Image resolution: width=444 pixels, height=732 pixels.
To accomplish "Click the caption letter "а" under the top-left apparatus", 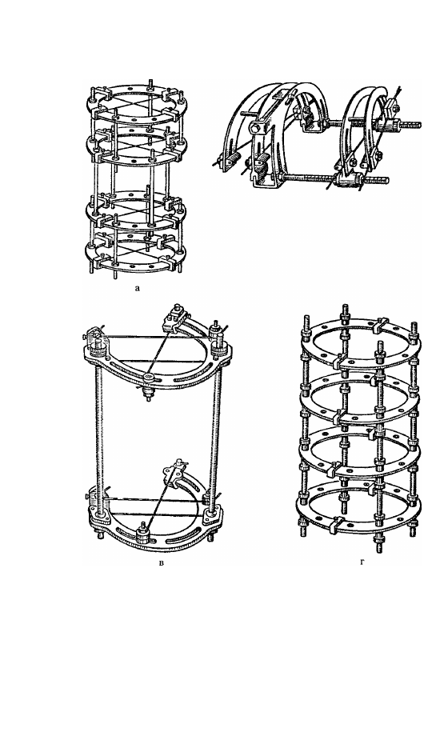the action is click(137, 289).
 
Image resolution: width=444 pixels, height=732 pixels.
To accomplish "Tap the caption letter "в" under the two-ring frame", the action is click(162, 562).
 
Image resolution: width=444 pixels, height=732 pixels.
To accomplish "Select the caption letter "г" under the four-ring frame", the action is click(362, 561).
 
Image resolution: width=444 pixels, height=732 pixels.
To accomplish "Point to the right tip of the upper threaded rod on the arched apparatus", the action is click(420, 125).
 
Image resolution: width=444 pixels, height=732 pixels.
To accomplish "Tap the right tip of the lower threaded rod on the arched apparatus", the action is click(387, 179).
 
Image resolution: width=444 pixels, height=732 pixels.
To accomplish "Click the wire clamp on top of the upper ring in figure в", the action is click(173, 318).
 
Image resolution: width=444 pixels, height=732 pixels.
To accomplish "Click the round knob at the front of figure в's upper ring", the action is click(149, 377).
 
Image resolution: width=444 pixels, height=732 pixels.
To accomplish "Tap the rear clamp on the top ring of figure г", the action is click(381, 326).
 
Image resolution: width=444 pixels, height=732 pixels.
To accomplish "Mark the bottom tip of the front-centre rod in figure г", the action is click(378, 551).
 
